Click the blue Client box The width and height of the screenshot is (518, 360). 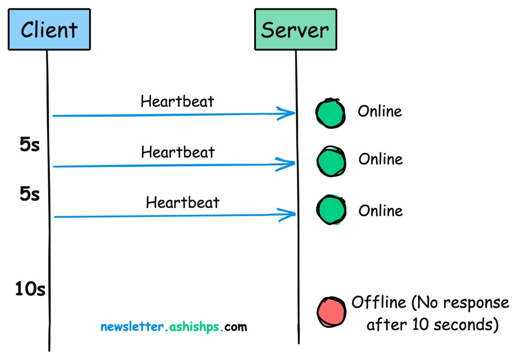pyautogui.click(x=49, y=30)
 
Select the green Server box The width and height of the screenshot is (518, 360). pyautogui.click(x=295, y=29)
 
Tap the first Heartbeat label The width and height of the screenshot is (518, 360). pyautogui.click(x=177, y=102)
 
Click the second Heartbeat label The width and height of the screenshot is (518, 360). pyautogui.click(x=178, y=152)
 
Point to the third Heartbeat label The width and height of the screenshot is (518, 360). pyautogui.click(x=183, y=203)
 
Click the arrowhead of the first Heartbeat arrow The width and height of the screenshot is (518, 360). pyautogui.click(x=288, y=113)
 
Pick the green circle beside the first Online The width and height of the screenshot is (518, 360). pyautogui.click(x=330, y=113)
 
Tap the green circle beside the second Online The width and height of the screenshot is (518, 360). pyautogui.click(x=331, y=161)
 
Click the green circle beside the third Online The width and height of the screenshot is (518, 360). pyautogui.click(x=331, y=209)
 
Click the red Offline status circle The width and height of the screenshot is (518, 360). pyautogui.click(x=331, y=311)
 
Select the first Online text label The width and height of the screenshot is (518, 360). pyautogui.click(x=380, y=111)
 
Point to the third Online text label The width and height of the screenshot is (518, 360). pyautogui.click(x=381, y=210)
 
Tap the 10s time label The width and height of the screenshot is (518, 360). pyautogui.click(x=30, y=290)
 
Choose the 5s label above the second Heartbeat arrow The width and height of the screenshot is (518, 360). pyautogui.click(x=30, y=145)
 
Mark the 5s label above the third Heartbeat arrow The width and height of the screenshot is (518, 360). pyautogui.click(x=30, y=195)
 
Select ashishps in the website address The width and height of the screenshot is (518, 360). pyautogui.click(x=195, y=327)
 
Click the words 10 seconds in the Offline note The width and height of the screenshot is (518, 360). pyautogui.click(x=450, y=325)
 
